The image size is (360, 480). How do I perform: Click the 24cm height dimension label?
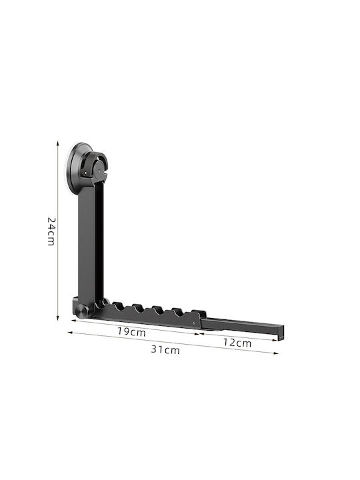[51, 231]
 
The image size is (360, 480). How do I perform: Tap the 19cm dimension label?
[131, 331]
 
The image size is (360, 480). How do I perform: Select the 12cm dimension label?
[237, 343]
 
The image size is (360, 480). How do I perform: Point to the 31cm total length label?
[165, 349]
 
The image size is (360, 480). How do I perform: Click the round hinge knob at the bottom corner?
[82, 311]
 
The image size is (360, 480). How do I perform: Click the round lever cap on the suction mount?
[99, 168]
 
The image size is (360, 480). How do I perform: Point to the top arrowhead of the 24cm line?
[57, 143]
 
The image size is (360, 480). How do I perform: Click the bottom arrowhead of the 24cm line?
[57, 318]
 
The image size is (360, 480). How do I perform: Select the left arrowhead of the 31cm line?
[70, 333]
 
